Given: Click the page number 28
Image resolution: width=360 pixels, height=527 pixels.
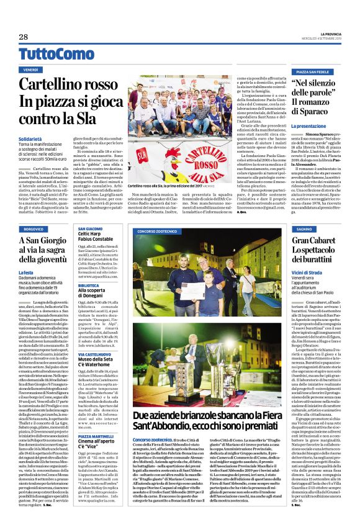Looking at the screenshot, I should pyautogui.click(x=23, y=37).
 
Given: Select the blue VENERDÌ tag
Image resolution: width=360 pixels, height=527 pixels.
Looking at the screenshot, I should pyautogui.click(x=32, y=70).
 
